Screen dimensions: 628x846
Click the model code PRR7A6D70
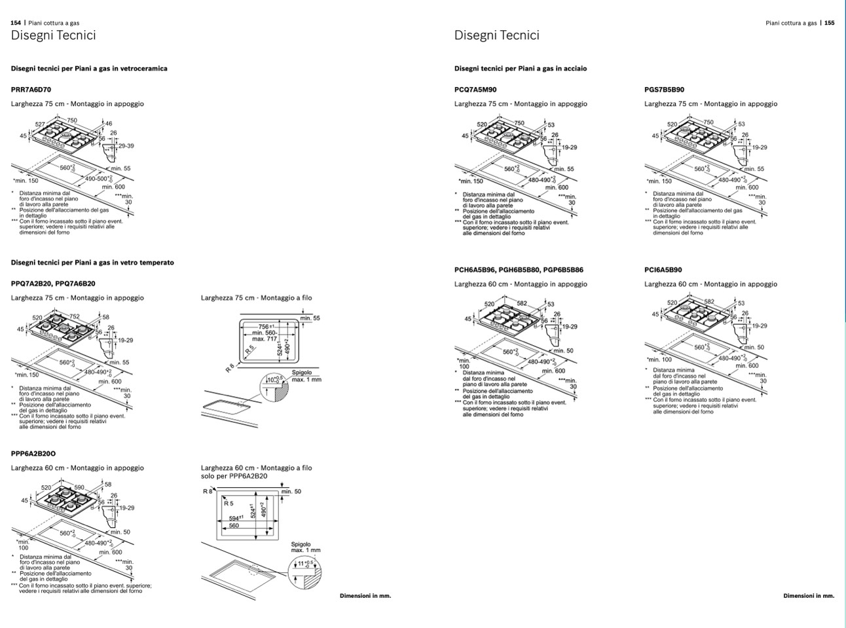click(x=31, y=90)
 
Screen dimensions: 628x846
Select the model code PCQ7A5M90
click(x=475, y=90)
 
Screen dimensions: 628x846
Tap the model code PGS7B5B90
click(x=664, y=90)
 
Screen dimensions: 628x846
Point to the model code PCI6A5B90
click(x=663, y=270)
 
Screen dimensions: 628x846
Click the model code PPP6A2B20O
click(x=33, y=454)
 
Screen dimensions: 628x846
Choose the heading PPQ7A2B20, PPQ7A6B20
click(x=53, y=284)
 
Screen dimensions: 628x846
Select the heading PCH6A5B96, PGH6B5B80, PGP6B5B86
click(x=519, y=270)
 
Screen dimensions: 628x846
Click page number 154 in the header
click(x=16, y=23)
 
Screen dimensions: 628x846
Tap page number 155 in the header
click(x=829, y=23)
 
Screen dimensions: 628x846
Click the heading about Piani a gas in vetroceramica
click(x=89, y=68)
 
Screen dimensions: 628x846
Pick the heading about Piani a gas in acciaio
click(x=521, y=68)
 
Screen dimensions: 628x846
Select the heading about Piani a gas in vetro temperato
click(x=92, y=263)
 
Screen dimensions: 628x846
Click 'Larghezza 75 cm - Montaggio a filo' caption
click(x=257, y=298)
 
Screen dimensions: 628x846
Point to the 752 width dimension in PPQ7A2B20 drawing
click(x=75, y=316)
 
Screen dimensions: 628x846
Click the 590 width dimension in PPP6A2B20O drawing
click(x=79, y=487)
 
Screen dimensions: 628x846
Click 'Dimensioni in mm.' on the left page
click(x=365, y=596)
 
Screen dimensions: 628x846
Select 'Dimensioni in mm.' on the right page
click(x=809, y=596)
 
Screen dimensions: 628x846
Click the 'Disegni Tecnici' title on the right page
click(x=496, y=35)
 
